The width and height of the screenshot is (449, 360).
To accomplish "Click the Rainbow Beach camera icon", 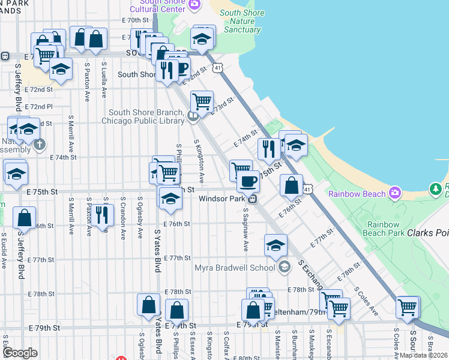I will (395, 193).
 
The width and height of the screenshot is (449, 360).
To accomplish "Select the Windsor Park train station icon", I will (254, 199).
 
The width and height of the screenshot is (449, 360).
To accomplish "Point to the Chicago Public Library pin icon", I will (193, 117).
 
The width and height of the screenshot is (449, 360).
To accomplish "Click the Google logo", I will (20, 352).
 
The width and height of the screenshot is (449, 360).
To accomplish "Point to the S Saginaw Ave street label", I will (246, 230).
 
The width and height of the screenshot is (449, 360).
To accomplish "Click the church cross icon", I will (40, 144).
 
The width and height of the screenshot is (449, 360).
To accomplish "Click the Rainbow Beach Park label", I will (379, 228).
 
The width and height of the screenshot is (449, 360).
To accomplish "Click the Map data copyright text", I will (423, 355).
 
